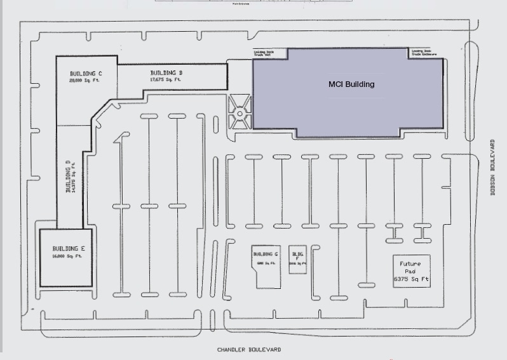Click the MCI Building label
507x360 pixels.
click(x=351, y=84)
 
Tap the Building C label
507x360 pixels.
click(x=85, y=74)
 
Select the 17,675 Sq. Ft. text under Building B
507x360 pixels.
click(x=165, y=80)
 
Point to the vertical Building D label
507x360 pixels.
click(x=68, y=176)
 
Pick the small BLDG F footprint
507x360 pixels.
click(x=297, y=260)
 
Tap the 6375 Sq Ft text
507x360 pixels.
click(x=412, y=279)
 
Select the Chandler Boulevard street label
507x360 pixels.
click(x=248, y=350)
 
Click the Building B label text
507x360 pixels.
click(x=166, y=73)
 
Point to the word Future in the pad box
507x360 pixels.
click(x=410, y=263)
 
